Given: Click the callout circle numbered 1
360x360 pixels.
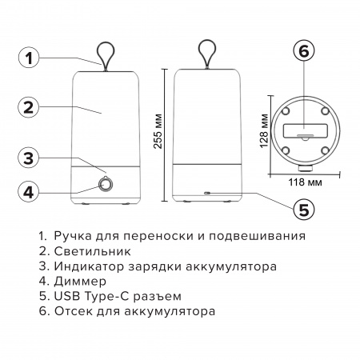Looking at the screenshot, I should click(29, 57).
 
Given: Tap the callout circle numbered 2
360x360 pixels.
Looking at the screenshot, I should click(29, 107).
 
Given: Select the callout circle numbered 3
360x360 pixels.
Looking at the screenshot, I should click(29, 158).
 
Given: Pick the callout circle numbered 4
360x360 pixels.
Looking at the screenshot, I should click(29, 191).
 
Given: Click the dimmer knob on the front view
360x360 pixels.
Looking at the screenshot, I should click(106, 186).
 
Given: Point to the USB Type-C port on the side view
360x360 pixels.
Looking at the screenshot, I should click(206, 193).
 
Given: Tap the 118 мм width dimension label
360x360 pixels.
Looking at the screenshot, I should click(302, 183).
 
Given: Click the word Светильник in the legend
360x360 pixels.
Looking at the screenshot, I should click(86, 253).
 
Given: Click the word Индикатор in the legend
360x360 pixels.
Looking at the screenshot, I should click(87, 267).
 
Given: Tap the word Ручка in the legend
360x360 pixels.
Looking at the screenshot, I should click(73, 238).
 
